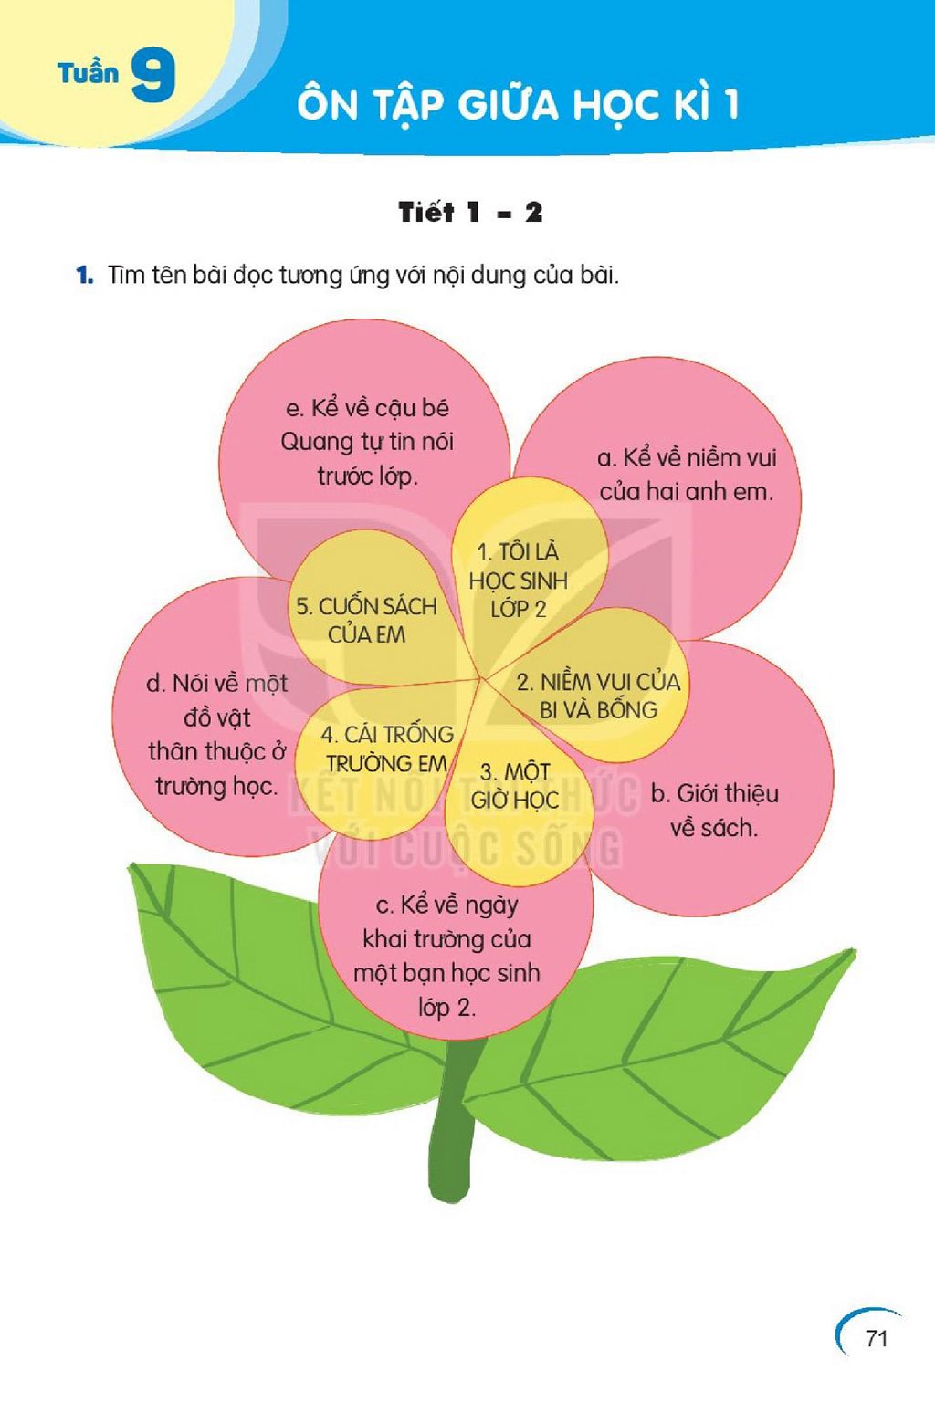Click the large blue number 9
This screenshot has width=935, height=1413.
pyautogui.click(x=153, y=75)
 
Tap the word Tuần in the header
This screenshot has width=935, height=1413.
pyautogui.click(x=89, y=72)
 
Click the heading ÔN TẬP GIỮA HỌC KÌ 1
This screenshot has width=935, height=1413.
pyautogui.click(x=518, y=103)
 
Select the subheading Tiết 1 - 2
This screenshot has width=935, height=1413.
pyautogui.click(x=470, y=213)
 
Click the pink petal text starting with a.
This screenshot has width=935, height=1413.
pyautogui.click(x=687, y=475)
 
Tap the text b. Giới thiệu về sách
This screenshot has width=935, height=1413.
pyautogui.click(x=715, y=810)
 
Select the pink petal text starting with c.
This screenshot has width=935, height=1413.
pyautogui.click(x=446, y=956)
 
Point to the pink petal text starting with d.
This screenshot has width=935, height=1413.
pyautogui.click(x=217, y=735)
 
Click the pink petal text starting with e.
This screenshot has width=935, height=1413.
pyautogui.click(x=367, y=442)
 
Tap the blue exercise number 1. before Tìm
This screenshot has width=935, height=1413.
pyautogui.click(x=85, y=275)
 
